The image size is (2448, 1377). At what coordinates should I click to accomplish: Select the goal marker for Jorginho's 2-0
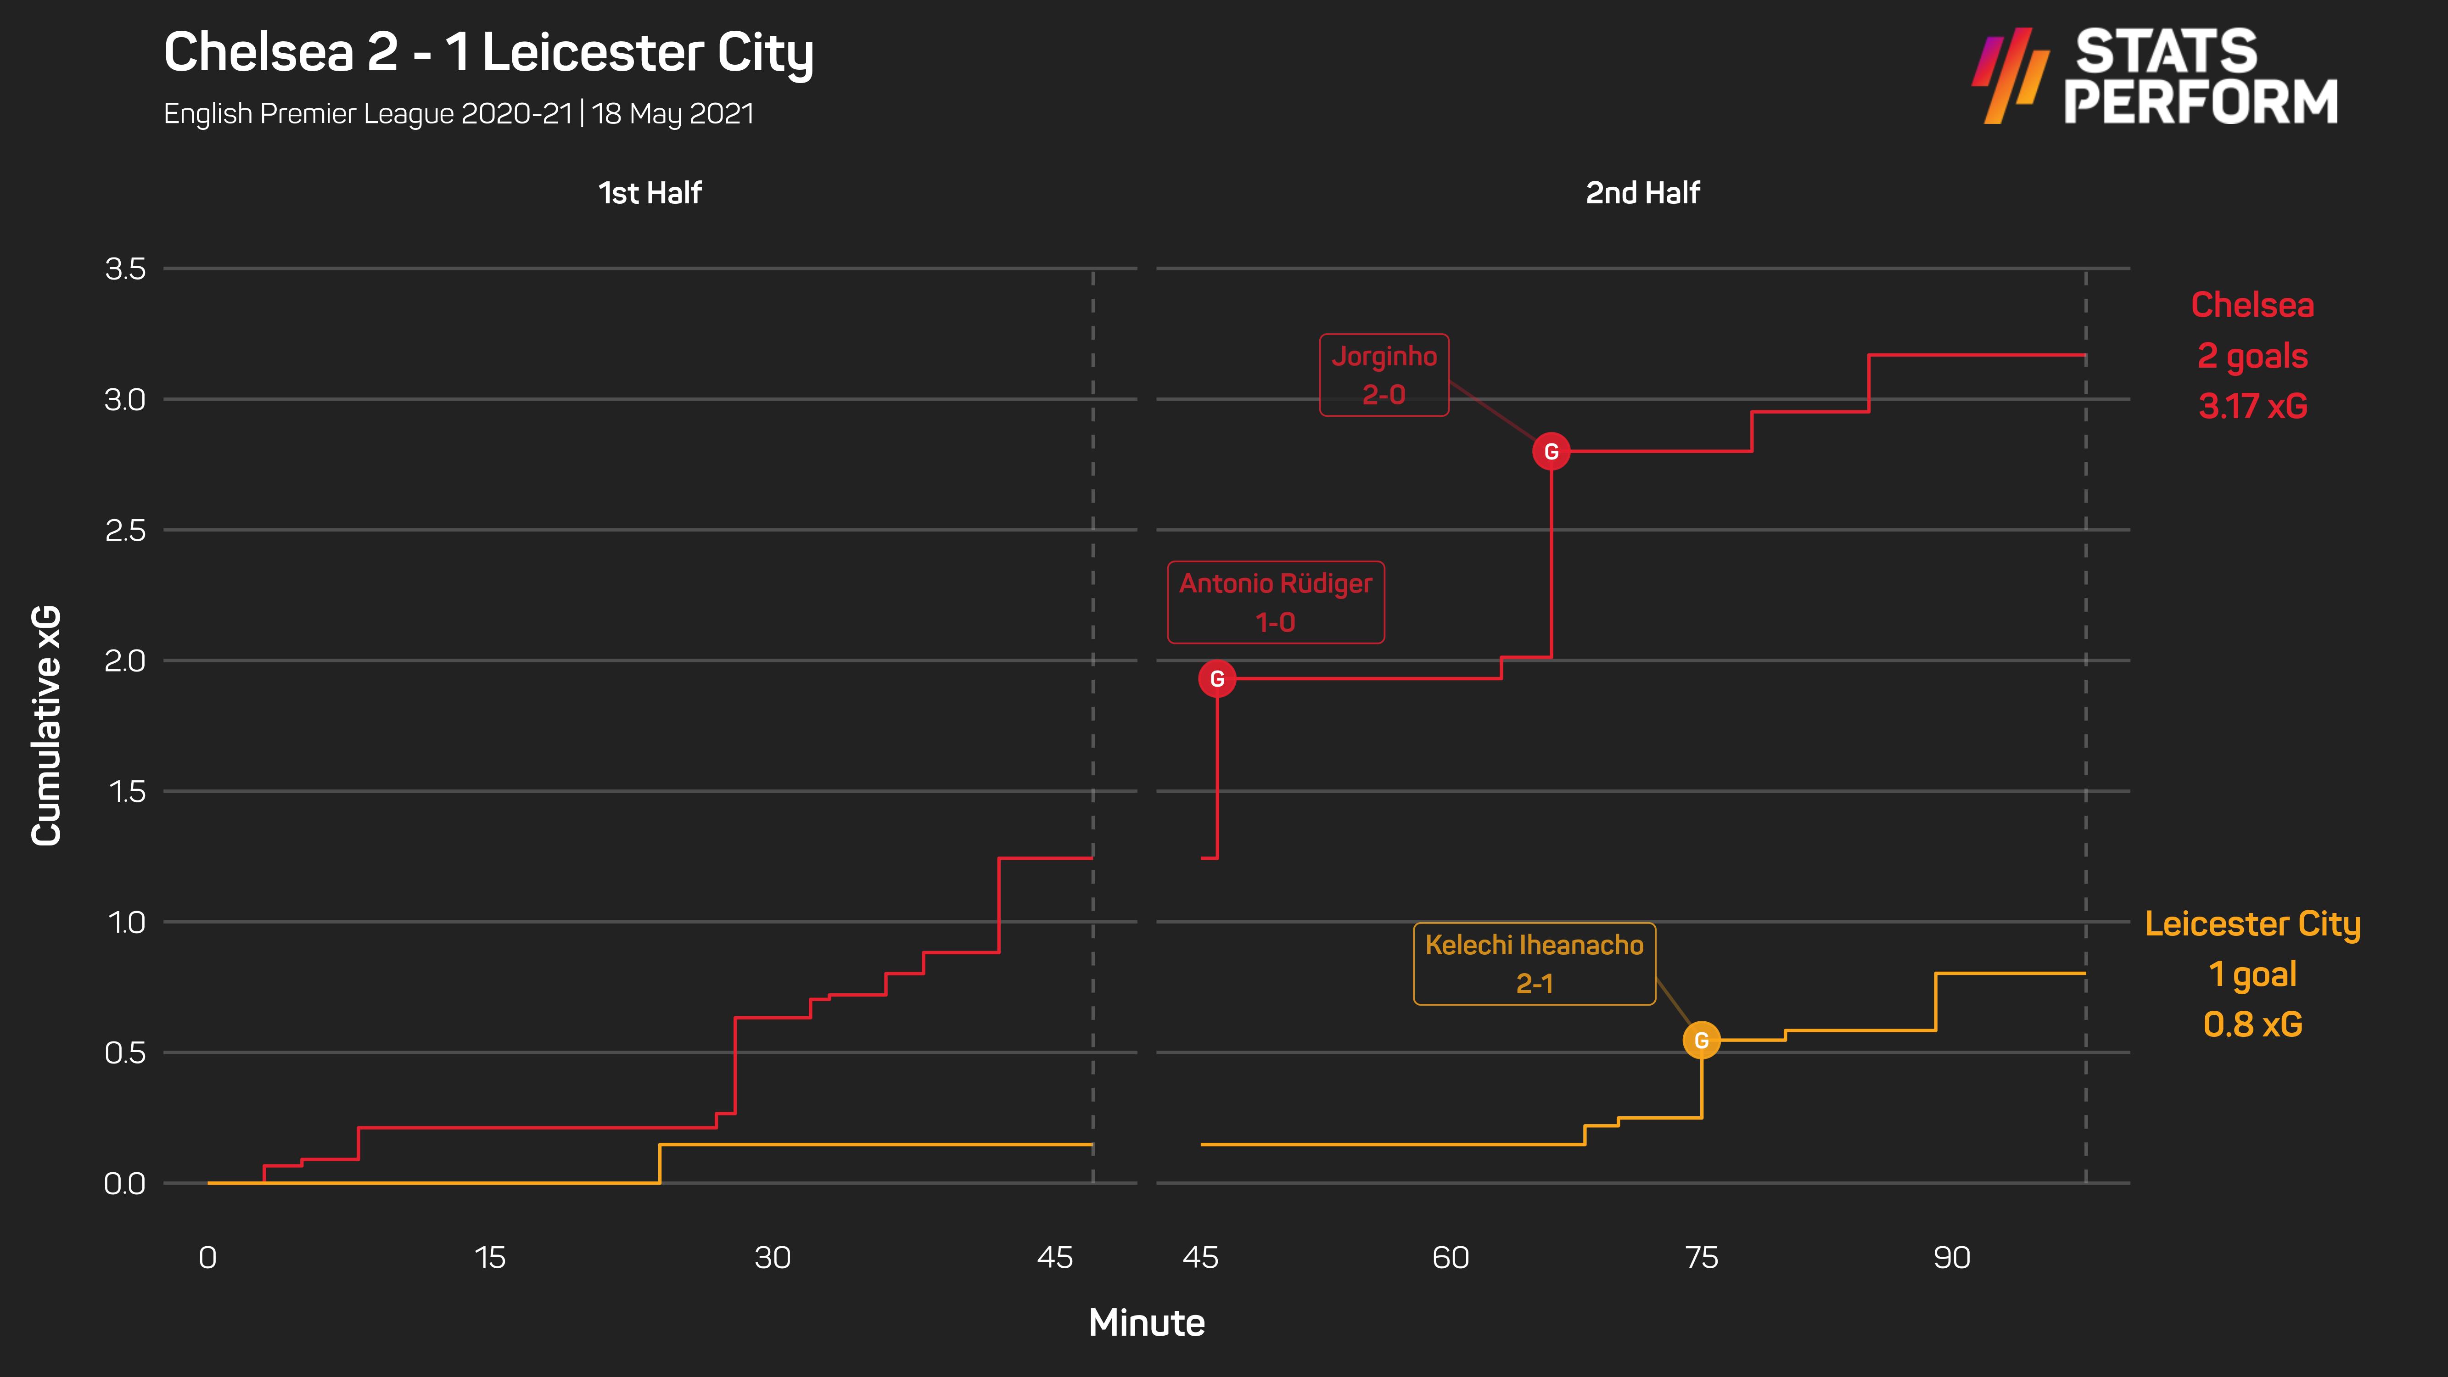1551,451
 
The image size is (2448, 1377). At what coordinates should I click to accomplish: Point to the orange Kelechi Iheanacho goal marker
1701,1041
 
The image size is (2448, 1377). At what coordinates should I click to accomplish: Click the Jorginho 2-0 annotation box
1384,375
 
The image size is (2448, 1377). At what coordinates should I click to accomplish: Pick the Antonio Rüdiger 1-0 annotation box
1275,603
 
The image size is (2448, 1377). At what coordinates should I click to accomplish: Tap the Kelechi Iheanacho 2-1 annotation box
1534,963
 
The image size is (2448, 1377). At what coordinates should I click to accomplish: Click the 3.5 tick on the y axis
125,269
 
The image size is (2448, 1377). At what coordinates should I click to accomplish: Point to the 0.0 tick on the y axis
125,1183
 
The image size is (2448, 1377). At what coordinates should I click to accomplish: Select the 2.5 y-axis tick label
125,530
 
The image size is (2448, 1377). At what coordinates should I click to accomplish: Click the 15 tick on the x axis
489,1257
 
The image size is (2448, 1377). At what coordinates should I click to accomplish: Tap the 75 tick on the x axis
1701,1257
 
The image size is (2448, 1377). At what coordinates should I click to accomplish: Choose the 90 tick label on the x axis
1952,1257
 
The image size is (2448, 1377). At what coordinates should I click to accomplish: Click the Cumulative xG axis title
45,725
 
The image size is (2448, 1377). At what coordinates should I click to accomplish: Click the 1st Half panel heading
650,193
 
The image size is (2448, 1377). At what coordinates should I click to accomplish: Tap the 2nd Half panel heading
1642,193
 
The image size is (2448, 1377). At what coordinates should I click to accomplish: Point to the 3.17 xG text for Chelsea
2252,406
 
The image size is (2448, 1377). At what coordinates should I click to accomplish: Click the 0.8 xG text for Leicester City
2252,1024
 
